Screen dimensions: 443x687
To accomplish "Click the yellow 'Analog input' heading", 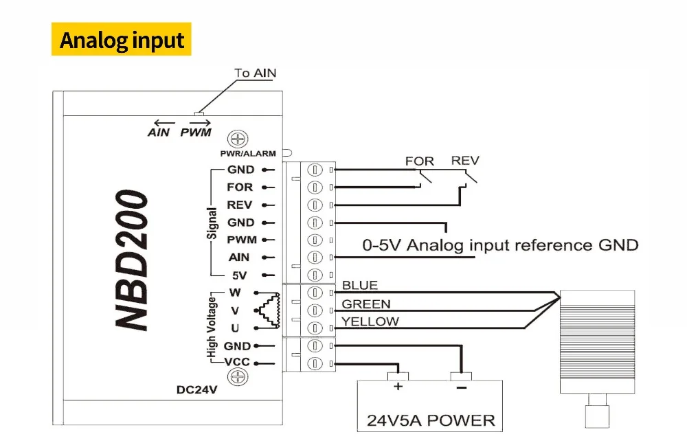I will point(122,40).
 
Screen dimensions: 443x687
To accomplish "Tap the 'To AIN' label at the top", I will point(256,73).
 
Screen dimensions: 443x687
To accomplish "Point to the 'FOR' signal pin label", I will point(240,187).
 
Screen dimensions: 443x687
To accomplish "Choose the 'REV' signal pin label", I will point(240,205).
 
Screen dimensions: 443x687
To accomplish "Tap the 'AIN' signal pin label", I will point(240,258).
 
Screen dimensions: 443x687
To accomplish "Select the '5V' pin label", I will point(240,275).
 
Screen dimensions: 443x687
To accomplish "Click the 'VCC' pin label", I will point(238,363).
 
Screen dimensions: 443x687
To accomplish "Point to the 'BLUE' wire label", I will point(359,285).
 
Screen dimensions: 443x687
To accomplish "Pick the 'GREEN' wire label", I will point(365,304).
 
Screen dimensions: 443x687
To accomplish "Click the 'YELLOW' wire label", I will point(370,321).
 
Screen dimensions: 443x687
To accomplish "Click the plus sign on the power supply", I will point(397,387).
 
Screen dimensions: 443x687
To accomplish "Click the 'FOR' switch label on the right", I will point(419,161).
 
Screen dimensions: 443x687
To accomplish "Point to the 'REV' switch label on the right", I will point(465,161).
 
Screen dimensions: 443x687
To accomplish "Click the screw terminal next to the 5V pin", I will point(315,275).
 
